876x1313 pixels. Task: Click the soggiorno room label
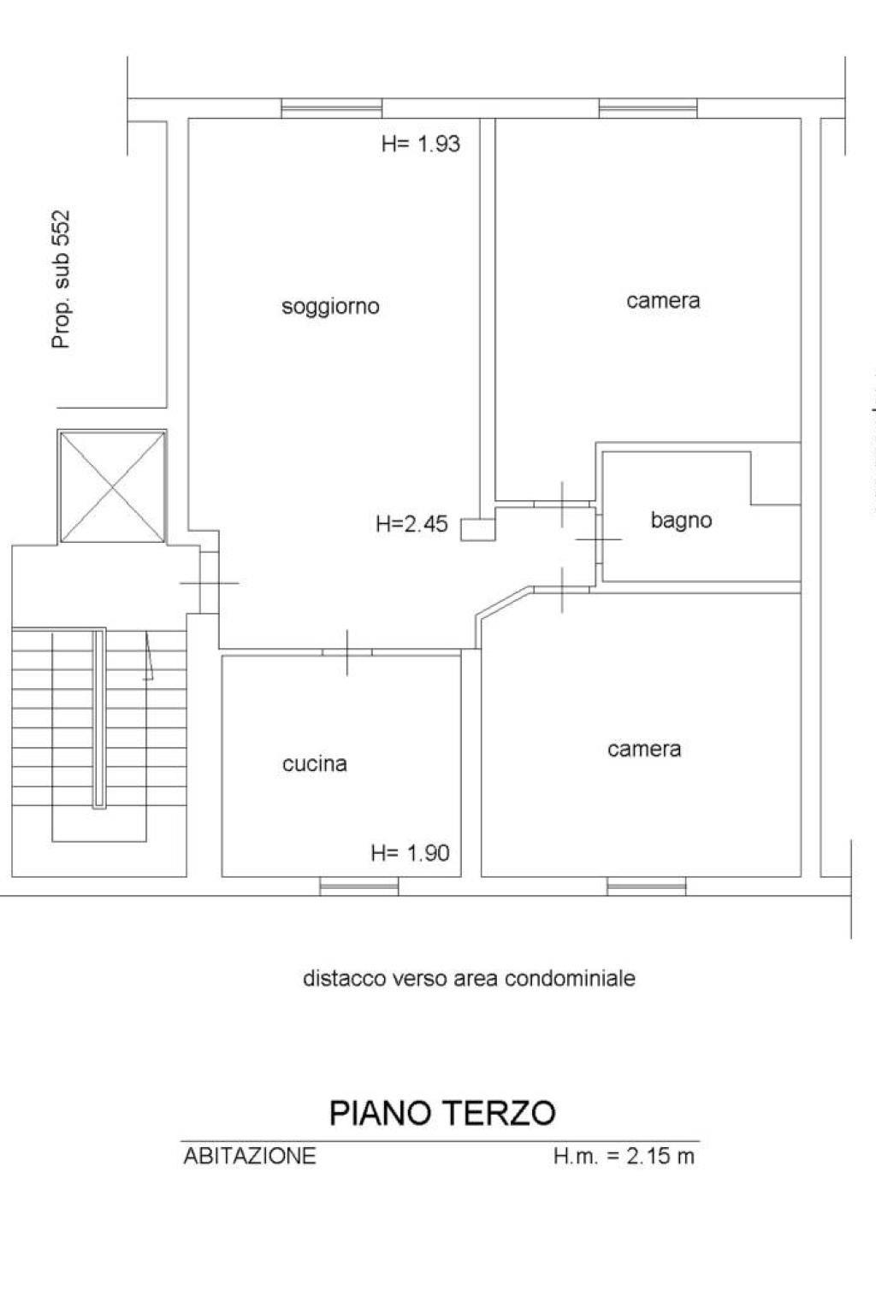[x=330, y=307]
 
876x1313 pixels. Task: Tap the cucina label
[x=315, y=763]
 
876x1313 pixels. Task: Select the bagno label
[x=681, y=521]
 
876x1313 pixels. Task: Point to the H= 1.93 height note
[x=421, y=144]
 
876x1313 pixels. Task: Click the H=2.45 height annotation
[x=411, y=523]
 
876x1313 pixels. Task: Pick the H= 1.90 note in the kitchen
[x=410, y=853]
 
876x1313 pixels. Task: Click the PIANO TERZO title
[x=442, y=1113]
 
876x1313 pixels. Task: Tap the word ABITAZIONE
[x=250, y=1157]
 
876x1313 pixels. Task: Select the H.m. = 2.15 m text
[x=624, y=1157]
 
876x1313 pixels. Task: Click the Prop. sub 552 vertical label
[x=61, y=280]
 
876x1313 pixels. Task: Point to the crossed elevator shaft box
[x=112, y=486]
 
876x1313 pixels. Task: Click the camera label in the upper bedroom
[x=663, y=301]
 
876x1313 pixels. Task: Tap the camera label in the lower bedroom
[x=644, y=750]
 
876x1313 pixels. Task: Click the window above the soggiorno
[x=332, y=109]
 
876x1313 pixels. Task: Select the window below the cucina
[x=359, y=886]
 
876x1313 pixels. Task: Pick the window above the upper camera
[x=648, y=109]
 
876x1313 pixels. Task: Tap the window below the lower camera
[x=647, y=886]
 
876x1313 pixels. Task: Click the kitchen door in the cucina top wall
[x=347, y=652]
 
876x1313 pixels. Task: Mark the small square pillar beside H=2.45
[x=477, y=529]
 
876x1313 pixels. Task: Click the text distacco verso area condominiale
[x=469, y=978]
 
